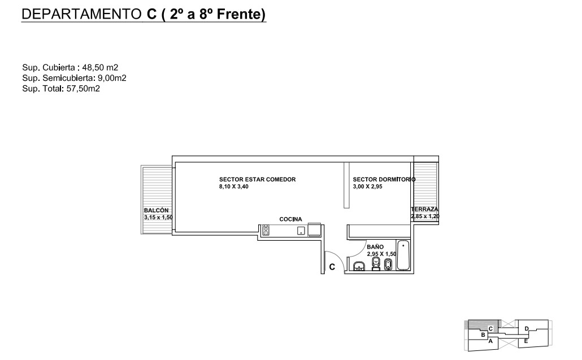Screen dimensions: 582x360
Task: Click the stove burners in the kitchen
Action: click(x=266, y=231)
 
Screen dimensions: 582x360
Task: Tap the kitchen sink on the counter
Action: click(x=301, y=231)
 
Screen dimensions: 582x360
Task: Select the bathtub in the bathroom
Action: click(x=403, y=255)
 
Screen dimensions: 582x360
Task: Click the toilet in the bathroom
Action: click(x=376, y=264)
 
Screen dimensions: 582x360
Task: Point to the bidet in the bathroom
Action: click(x=388, y=264)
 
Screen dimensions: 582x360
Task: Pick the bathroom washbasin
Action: click(x=359, y=266)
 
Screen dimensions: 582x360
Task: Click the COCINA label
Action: click(x=290, y=219)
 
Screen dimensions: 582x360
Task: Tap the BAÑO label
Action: click(x=375, y=247)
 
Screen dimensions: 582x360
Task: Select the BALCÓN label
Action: click(x=157, y=210)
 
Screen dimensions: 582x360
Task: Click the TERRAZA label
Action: click(x=424, y=209)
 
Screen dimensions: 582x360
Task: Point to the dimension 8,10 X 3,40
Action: click(x=234, y=186)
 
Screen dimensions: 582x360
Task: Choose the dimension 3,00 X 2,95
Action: click(x=367, y=186)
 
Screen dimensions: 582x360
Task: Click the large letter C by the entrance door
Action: click(x=332, y=267)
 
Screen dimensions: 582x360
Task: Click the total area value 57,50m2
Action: click(x=83, y=89)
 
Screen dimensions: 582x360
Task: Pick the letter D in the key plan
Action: click(x=527, y=328)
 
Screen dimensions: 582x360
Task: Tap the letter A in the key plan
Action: click(x=490, y=341)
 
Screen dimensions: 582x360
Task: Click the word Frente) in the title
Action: click(x=241, y=14)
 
